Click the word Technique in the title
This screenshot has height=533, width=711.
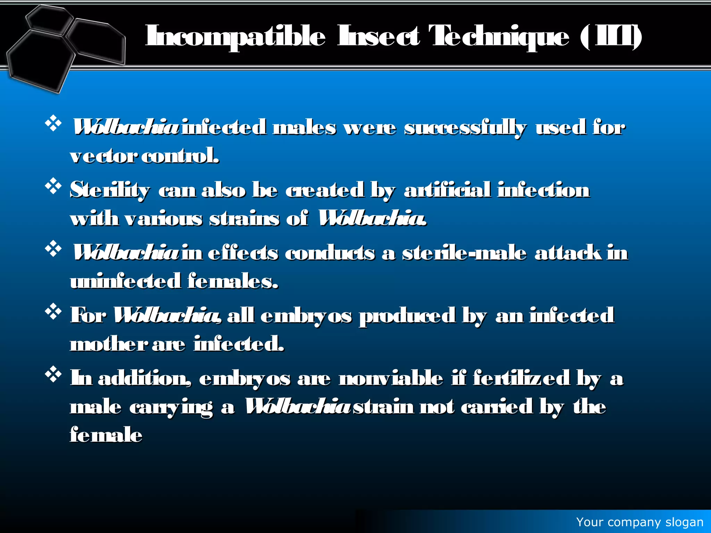[x=499, y=36]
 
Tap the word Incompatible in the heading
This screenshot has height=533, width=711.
[x=235, y=36]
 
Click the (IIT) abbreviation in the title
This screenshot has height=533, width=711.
[x=611, y=36]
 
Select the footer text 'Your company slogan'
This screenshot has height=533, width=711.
[x=639, y=522]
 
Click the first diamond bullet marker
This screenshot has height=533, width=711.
[x=53, y=124]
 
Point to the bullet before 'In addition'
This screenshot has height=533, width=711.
[x=53, y=374]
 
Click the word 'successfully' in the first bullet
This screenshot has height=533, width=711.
[x=465, y=128]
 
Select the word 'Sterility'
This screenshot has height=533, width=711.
[x=110, y=191]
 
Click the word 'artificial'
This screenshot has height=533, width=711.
[x=447, y=191]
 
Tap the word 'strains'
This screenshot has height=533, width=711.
[x=244, y=219]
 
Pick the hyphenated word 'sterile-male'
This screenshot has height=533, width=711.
[x=464, y=253]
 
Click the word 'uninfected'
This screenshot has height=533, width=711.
[x=125, y=281]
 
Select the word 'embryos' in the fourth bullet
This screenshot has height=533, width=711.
[x=306, y=316]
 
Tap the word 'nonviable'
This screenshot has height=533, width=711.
[x=391, y=379]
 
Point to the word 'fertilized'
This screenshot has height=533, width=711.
[x=521, y=379]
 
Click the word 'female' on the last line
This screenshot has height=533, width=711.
[x=106, y=435]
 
